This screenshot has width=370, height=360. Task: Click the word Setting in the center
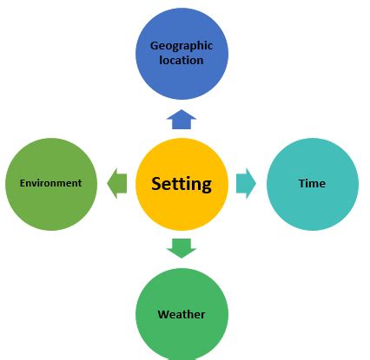pyautogui.click(x=181, y=183)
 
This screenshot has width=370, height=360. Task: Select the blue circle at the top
pyautogui.click(x=182, y=54)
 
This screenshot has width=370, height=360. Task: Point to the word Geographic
pyautogui.click(x=182, y=45)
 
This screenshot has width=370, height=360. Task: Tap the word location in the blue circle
pyautogui.click(x=182, y=60)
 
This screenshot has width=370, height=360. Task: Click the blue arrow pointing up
pyautogui.click(x=181, y=119)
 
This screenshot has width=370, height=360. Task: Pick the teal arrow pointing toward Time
pyautogui.click(x=246, y=183)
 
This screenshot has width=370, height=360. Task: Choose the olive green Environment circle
pyautogui.click(x=50, y=183)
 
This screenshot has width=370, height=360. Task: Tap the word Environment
pyautogui.click(x=50, y=183)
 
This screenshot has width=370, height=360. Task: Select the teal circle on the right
pyautogui.click(x=313, y=183)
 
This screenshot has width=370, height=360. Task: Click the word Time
pyautogui.click(x=312, y=183)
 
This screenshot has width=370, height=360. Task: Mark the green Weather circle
pyautogui.click(x=182, y=313)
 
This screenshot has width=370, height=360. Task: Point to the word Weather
pyautogui.click(x=182, y=314)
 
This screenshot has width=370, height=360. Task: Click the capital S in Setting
pyautogui.click(x=156, y=183)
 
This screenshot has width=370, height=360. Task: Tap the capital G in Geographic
pyautogui.click(x=154, y=45)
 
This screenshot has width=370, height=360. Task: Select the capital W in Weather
pyautogui.click(x=162, y=314)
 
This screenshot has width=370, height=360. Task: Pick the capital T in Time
pyautogui.click(x=301, y=183)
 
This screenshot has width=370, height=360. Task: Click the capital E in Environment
pyautogui.click(x=22, y=183)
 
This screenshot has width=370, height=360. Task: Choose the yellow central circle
pyautogui.click(x=182, y=208)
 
